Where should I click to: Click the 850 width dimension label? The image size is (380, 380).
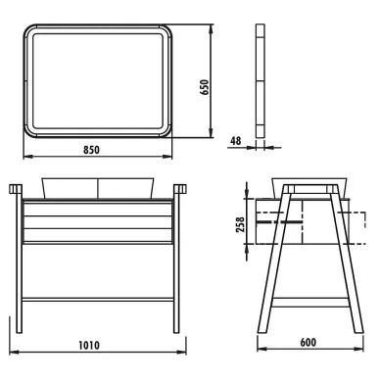pyautogui.click(x=91, y=150)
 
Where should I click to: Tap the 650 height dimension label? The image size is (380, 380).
pyautogui.click(x=205, y=87)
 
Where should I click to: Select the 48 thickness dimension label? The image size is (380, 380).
pyautogui.click(x=235, y=141)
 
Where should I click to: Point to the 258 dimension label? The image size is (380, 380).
pyautogui.click(x=240, y=224)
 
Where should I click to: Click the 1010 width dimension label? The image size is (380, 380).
pyautogui.click(x=89, y=345)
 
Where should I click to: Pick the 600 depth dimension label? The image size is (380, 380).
pyautogui.click(x=308, y=342)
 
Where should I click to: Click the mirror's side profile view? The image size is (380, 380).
pyautogui.click(x=261, y=80)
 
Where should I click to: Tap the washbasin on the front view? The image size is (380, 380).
pyautogui.click(x=98, y=188)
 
